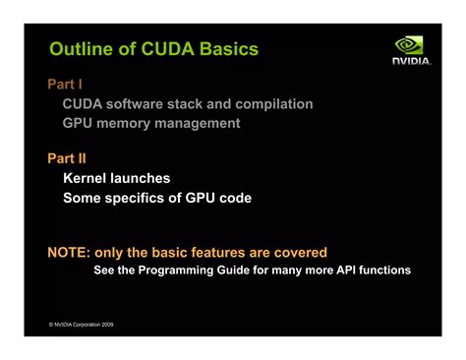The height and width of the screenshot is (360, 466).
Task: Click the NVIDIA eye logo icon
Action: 410,45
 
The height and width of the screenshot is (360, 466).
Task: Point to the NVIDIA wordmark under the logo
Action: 411,62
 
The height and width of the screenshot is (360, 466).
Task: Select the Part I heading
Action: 65,85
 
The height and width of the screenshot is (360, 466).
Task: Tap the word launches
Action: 141,178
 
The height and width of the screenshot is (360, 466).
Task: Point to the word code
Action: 234,198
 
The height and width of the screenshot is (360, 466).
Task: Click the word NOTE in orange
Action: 70,253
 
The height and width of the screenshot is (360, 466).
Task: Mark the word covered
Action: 298,253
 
